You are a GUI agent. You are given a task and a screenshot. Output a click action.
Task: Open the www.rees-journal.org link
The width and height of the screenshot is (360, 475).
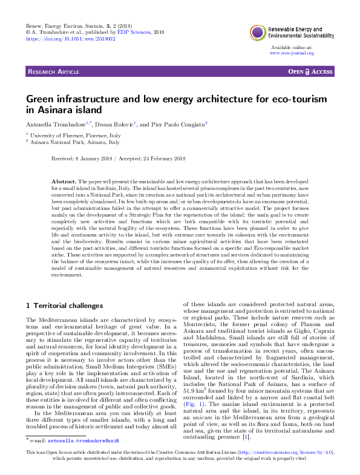click(292, 53)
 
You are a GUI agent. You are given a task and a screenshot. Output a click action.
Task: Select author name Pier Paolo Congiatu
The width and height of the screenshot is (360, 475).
click(178, 123)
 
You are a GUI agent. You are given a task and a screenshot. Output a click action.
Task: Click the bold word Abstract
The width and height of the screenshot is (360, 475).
click(64, 182)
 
